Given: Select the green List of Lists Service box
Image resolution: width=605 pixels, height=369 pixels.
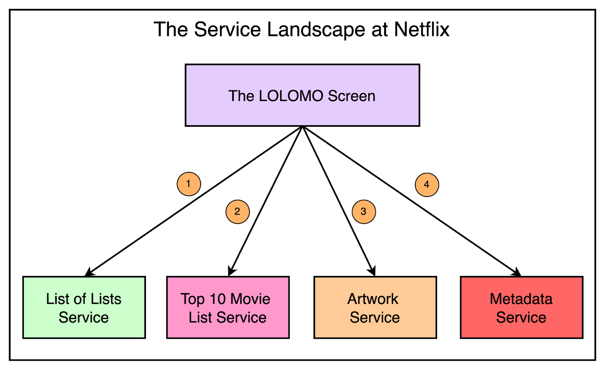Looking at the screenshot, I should coord(84,307).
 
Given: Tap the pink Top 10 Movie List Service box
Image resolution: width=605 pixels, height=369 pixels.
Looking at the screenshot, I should coord(228,307).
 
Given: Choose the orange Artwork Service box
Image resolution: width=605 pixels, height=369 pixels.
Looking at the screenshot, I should coord(375,307).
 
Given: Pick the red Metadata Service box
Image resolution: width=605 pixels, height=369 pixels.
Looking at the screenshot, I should coord(521,307).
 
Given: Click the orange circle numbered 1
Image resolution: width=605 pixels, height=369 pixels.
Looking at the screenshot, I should coord(189,184).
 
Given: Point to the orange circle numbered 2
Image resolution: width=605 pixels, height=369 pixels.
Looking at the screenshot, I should coord(237,212).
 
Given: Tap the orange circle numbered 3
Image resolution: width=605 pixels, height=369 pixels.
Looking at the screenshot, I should coord(364,212).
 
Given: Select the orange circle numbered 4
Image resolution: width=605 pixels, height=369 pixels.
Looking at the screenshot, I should coord(427,185).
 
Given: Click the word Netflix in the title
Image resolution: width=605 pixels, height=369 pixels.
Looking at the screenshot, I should coord(422,30).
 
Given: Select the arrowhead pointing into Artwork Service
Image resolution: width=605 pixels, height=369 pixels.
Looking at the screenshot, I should coord(372,271).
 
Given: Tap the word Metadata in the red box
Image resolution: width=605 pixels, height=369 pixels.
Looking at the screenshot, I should coord(521,299).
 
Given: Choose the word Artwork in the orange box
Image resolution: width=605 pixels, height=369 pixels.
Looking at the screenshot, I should coord(373,299).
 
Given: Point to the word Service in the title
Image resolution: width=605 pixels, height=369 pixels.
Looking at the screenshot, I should coord(227,30).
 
